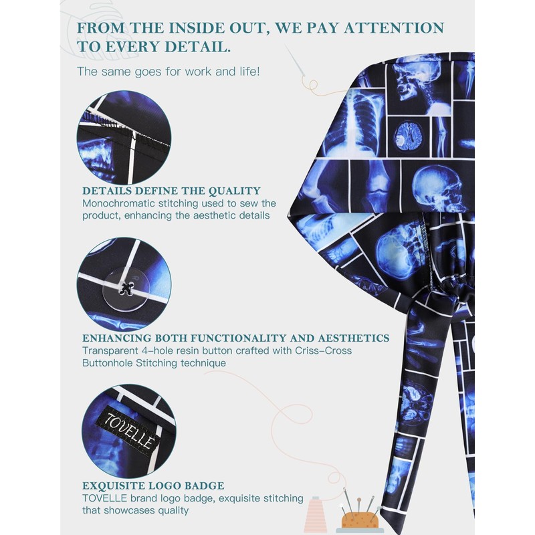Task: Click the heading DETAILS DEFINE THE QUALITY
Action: click(x=171, y=191)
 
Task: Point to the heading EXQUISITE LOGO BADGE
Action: click(x=153, y=486)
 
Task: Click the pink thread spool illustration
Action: click(x=315, y=517)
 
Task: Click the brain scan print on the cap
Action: click(x=407, y=134)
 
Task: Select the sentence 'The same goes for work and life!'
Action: click(x=158, y=71)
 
